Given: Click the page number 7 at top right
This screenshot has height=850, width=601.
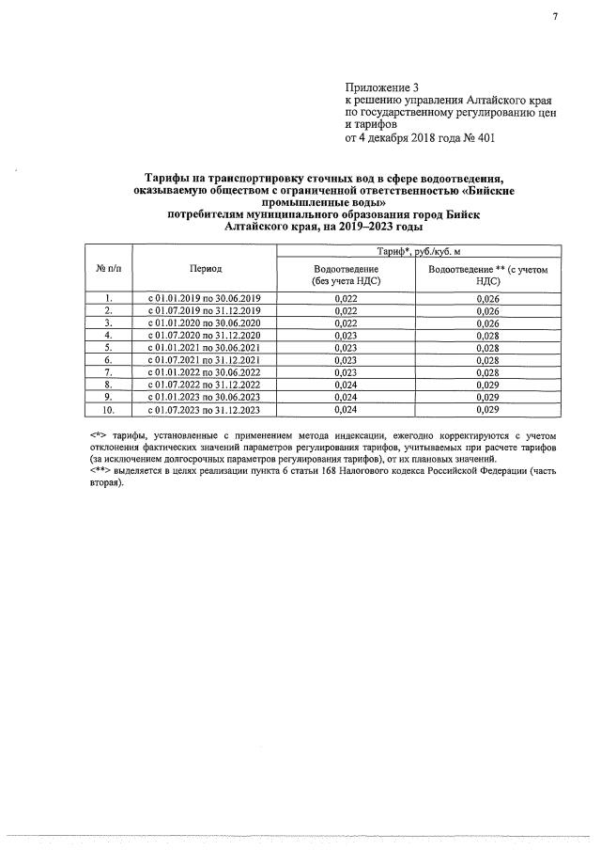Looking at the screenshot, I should [x=555, y=17].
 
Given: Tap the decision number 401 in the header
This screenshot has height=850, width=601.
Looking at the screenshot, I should [x=484, y=138].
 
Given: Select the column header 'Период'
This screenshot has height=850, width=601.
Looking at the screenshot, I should [x=206, y=268].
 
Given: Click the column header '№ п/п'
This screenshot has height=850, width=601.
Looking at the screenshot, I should [x=109, y=268].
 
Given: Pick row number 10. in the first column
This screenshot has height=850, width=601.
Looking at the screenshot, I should [x=109, y=410].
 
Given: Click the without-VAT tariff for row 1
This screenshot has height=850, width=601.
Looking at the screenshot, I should [x=347, y=298].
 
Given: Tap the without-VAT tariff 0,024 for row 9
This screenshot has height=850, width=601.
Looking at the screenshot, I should [x=347, y=398].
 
